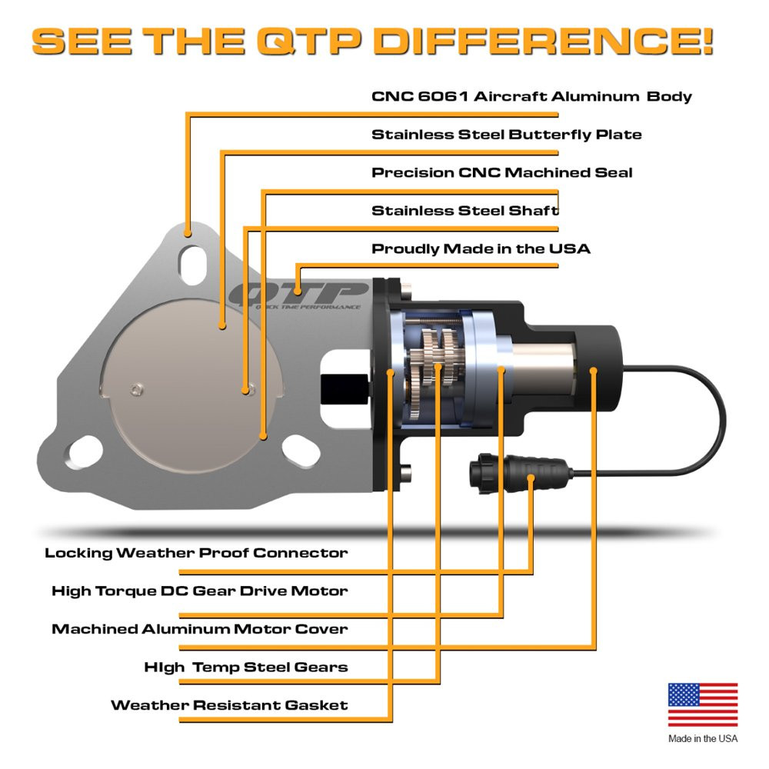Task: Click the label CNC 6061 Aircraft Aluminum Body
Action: coord(531,96)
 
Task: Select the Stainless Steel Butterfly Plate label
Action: coord(507,135)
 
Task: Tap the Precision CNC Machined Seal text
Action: coord(502,172)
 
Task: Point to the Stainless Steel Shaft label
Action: coord(465,211)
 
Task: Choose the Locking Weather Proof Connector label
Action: coord(196,553)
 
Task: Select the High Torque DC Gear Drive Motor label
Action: coord(200,591)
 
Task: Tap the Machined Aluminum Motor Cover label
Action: coord(200,629)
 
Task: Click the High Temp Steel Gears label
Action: coord(246,667)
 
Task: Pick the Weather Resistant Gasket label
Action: coord(229,704)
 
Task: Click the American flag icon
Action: coord(703,704)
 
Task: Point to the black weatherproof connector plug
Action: coord(521,473)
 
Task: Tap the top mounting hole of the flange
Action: coord(193,265)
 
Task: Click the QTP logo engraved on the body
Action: coord(300,296)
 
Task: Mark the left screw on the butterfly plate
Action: coord(137,390)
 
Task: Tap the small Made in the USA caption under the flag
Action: coord(703,738)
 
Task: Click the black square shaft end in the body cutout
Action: coord(345,389)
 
